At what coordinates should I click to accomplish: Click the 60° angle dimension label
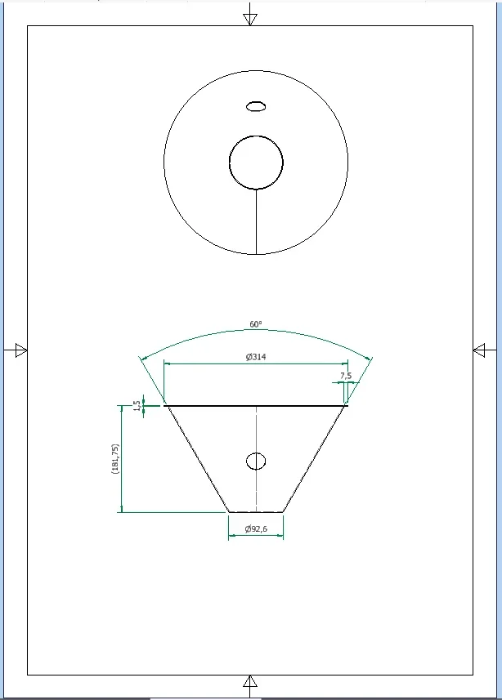pyautogui.click(x=256, y=324)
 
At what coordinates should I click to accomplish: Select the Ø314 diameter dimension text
pyautogui.click(x=256, y=357)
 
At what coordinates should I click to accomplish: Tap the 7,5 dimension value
pyautogui.click(x=346, y=376)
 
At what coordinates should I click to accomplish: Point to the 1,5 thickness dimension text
pyautogui.click(x=137, y=406)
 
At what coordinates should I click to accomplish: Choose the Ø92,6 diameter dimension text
pyautogui.click(x=256, y=529)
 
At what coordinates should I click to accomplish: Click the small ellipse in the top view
pyautogui.click(x=256, y=107)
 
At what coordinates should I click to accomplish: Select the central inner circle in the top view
pyautogui.click(x=256, y=136)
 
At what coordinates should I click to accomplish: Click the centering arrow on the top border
pyautogui.click(x=250, y=19)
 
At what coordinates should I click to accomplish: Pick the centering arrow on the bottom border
pyautogui.click(x=250, y=681)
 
